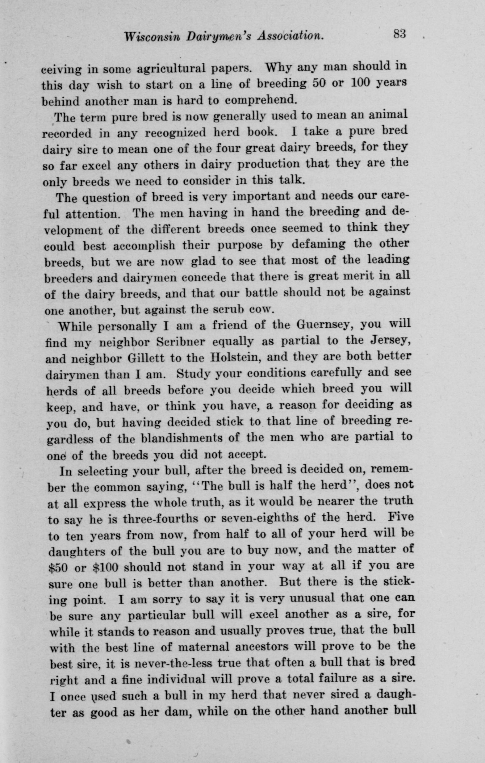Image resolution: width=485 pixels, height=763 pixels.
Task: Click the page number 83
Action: (399, 34)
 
